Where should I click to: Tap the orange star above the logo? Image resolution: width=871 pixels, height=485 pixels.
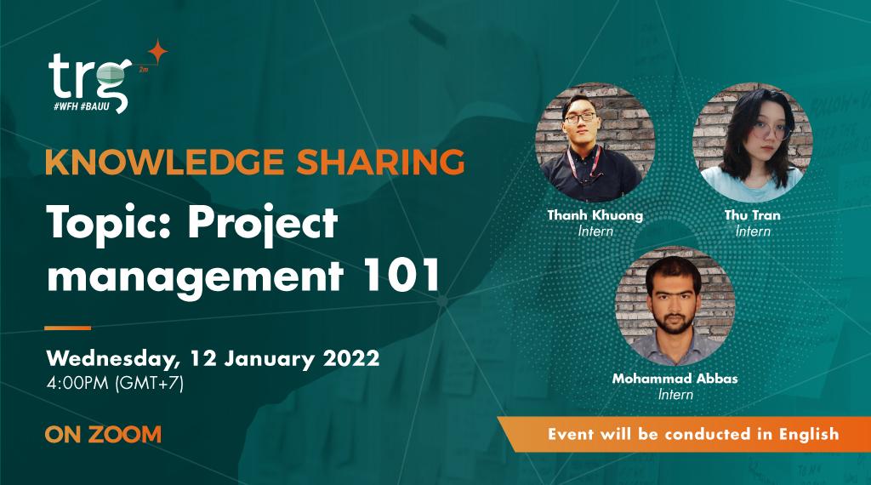pos(156,52)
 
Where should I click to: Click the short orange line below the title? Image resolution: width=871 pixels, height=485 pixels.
pos(67,327)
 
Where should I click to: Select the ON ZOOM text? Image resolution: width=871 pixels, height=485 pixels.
pos(103,434)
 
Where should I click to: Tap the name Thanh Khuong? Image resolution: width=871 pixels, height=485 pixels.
pos(595,215)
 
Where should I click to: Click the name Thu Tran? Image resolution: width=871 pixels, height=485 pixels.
pos(753,215)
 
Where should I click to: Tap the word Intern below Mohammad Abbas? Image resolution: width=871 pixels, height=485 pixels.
pos(675,394)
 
